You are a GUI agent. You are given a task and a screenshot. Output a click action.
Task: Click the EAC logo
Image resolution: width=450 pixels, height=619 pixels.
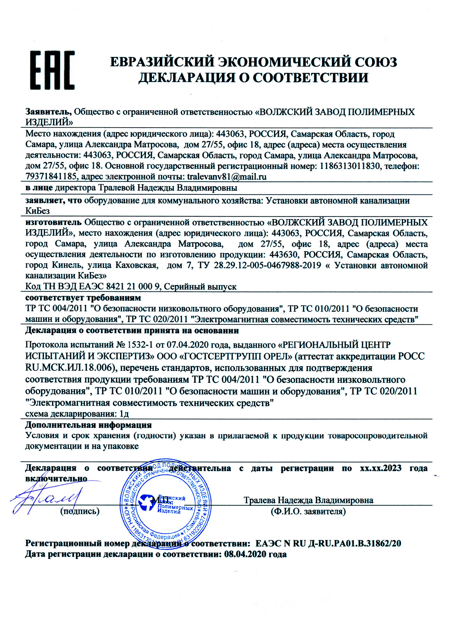(x=52, y=70)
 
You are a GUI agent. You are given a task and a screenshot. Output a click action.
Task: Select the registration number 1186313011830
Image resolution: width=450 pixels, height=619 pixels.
(x=350, y=166)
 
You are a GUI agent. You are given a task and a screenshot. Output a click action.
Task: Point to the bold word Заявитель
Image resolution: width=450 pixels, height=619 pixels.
(x=48, y=112)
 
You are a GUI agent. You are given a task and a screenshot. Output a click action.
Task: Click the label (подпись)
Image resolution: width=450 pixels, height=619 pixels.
(x=80, y=511)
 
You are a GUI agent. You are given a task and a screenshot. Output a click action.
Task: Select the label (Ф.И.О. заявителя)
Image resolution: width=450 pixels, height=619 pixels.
(x=308, y=511)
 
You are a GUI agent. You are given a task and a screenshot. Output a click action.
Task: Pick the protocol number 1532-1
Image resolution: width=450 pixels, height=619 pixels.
(x=140, y=345)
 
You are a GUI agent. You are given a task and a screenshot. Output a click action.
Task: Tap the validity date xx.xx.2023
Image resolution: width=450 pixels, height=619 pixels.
(x=381, y=468)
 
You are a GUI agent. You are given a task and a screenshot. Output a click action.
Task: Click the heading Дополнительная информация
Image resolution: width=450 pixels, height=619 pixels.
(x=88, y=425)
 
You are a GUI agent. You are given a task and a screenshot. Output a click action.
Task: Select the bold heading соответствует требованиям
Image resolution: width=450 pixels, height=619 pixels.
(x=83, y=297)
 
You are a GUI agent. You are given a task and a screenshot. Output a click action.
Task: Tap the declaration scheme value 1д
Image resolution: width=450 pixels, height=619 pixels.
(x=124, y=414)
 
